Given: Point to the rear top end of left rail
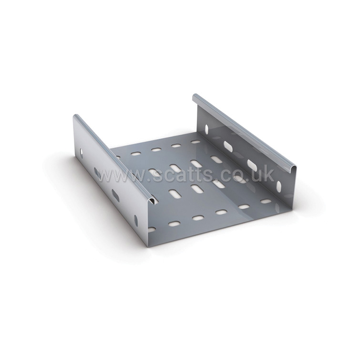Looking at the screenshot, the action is coord(76,117).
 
